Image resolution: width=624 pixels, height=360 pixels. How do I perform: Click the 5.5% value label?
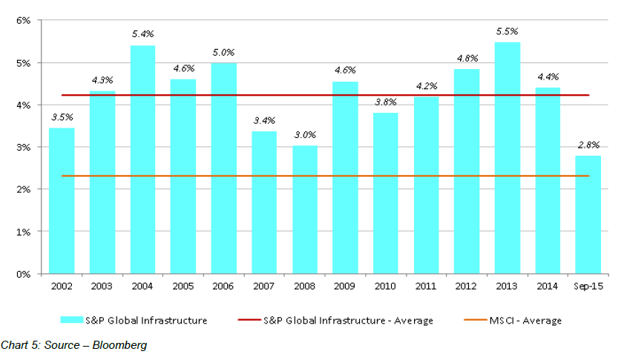click(508, 31)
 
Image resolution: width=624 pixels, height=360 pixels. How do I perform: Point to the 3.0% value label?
click(304, 135)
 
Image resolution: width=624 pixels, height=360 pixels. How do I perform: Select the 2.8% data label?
click(588, 145)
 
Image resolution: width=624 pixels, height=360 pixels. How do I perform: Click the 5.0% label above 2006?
click(223, 52)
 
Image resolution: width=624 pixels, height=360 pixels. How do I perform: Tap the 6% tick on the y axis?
click(22, 21)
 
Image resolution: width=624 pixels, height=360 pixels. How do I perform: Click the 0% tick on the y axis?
click(22, 274)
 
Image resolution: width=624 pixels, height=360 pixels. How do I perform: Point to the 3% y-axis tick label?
click(22, 148)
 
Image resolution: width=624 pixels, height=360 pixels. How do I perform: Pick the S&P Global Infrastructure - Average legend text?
click(348, 321)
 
